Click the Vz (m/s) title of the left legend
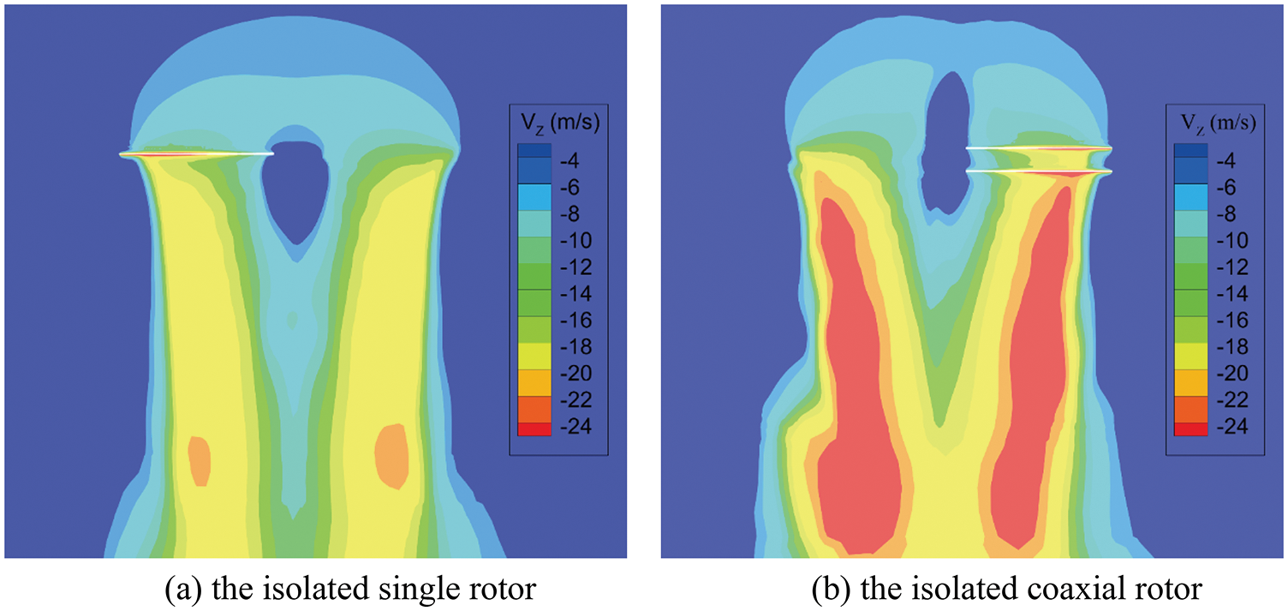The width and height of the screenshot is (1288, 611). coord(558,123)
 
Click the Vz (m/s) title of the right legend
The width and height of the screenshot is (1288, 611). coord(1214,123)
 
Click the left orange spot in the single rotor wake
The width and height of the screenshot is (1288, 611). coord(199,461)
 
